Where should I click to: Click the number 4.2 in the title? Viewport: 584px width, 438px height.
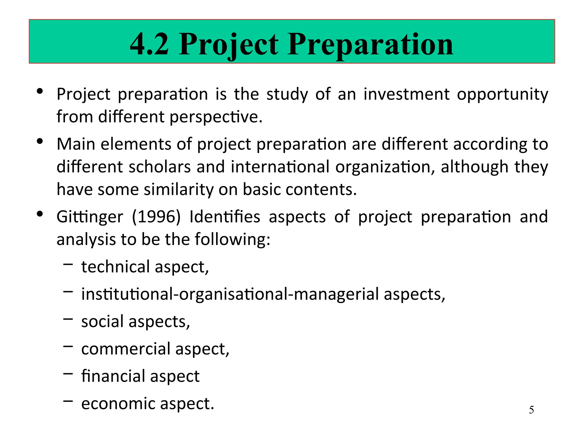149,44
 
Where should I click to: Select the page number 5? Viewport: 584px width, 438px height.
531,410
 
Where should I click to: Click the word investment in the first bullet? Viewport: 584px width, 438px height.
406,94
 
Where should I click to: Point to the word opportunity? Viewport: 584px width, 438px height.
502,95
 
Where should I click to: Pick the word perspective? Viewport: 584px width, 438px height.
216,117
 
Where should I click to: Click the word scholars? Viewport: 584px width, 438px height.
159,167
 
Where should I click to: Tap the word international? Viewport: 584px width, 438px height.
280,167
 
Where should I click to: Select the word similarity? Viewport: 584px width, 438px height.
179,189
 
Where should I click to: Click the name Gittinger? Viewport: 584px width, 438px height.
90,217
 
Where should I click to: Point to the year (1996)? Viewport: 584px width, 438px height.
156,217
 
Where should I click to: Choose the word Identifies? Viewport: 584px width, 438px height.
225,217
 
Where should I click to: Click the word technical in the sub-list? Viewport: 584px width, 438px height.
115,267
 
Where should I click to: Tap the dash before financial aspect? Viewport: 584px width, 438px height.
68,374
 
